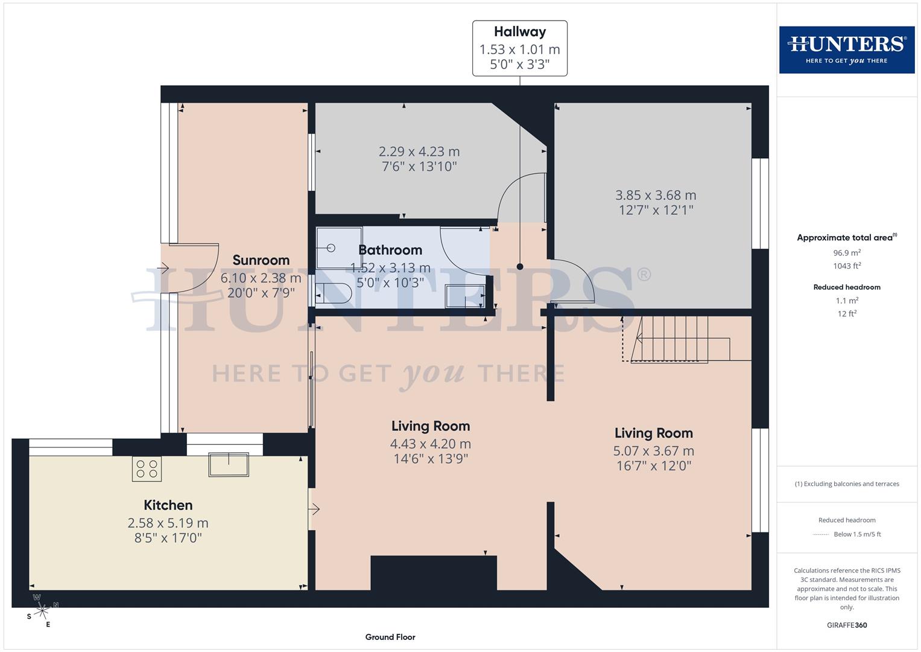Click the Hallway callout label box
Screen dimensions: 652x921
pos(519,48)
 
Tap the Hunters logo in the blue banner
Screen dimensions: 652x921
pos(846,50)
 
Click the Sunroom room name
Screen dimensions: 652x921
pos(261,260)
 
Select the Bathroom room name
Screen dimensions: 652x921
pos(390,250)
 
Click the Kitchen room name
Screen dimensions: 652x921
pos(168,505)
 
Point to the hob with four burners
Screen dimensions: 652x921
pos(147,468)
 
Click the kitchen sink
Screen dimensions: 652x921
pos(229,464)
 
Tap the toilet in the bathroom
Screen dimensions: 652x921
pos(334,293)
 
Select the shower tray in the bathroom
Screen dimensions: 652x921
pos(339,248)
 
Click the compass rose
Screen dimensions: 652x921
pos(42,611)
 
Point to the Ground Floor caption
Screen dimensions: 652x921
pos(390,637)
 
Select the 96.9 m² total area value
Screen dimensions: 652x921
pos(847,253)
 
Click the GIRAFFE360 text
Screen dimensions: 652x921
pos(847,625)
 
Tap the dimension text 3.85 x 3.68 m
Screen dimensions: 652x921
pos(656,195)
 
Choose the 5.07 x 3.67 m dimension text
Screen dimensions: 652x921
pos(653,451)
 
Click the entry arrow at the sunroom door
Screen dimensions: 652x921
pos(163,268)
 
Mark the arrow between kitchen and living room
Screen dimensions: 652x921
pos(314,510)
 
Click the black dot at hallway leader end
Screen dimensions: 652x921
pos(520,266)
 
